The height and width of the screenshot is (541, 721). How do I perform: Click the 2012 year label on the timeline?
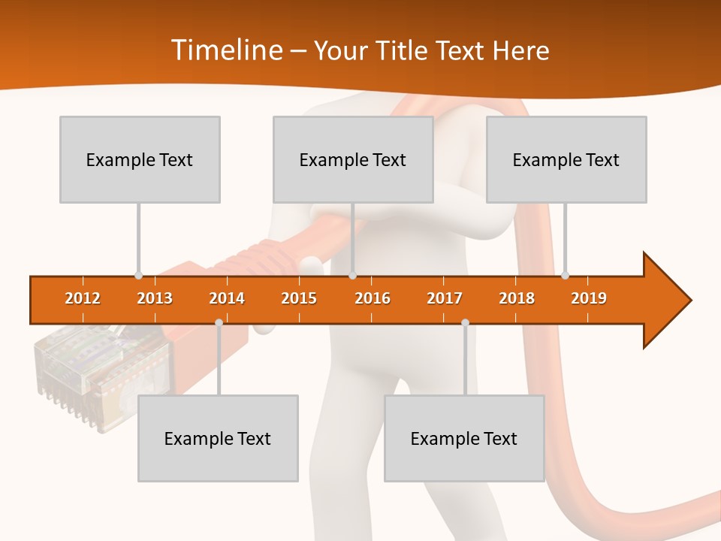click(x=83, y=298)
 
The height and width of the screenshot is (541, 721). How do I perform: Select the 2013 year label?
click(x=155, y=298)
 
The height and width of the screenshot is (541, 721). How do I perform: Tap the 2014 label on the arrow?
click(x=227, y=298)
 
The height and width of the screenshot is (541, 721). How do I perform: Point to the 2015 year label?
click(x=299, y=298)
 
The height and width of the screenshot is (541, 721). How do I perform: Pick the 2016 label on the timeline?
click(x=373, y=298)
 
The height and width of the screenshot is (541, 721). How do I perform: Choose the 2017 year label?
click(x=445, y=298)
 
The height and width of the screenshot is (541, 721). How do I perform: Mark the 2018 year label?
click(x=517, y=298)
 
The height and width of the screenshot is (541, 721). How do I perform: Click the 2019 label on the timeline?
click(x=589, y=298)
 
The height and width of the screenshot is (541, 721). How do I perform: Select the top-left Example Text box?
click(x=140, y=159)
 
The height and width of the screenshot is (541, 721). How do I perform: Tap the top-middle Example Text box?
click(x=353, y=159)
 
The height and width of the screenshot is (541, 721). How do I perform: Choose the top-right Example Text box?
click(x=566, y=159)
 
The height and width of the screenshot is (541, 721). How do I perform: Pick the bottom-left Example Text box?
click(x=218, y=438)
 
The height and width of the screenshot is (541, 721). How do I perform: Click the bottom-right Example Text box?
click(x=464, y=438)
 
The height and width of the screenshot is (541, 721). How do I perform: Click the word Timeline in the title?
click(x=225, y=50)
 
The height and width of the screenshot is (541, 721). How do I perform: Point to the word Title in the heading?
click(x=403, y=50)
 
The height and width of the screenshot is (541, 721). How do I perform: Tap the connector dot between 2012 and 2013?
click(x=138, y=276)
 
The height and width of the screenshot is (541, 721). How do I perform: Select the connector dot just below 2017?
click(x=465, y=323)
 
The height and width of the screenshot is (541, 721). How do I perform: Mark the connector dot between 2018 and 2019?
click(x=565, y=276)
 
